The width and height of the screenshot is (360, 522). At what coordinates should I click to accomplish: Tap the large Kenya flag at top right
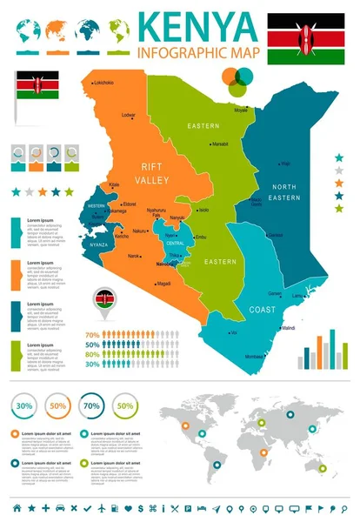pyautogui.click(x=304, y=38)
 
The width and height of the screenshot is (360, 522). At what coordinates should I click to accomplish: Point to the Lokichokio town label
pyautogui.click(x=101, y=83)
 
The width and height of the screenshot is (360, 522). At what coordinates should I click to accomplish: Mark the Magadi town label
pyautogui.click(x=163, y=284)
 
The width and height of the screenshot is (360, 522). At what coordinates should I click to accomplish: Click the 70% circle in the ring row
pyautogui.click(x=90, y=406)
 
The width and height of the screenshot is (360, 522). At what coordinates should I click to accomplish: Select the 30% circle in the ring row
pyautogui.click(x=25, y=406)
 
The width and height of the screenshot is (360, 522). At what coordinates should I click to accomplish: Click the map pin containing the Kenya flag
pyautogui.click(x=104, y=301)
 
